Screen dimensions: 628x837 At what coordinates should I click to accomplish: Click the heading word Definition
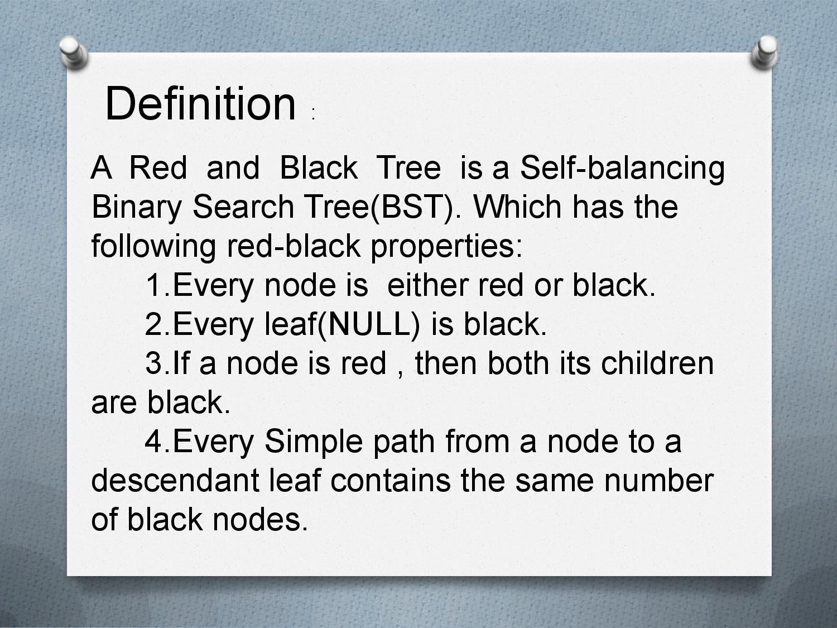pos(200,104)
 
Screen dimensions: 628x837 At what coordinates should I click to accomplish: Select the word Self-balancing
pos(622,168)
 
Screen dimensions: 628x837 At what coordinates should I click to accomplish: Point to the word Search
pos(243,207)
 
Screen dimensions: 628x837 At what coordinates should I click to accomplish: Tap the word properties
pos(446,247)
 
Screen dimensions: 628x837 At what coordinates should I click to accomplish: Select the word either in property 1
pos(427,285)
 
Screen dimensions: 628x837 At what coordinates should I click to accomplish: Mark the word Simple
pos(313,442)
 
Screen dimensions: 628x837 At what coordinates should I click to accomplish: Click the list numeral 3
pos(154,364)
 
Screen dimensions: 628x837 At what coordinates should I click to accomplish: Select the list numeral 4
pos(154,442)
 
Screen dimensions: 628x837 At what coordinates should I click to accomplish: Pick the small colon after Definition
pos(314,114)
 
